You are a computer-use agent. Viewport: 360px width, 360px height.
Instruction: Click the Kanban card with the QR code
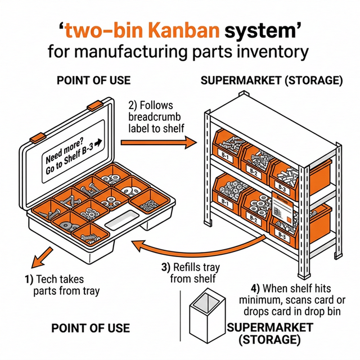point(282,209)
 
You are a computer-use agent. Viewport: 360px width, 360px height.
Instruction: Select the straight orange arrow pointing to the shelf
point(157,141)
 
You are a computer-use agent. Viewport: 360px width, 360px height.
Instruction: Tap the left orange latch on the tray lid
point(37,137)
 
